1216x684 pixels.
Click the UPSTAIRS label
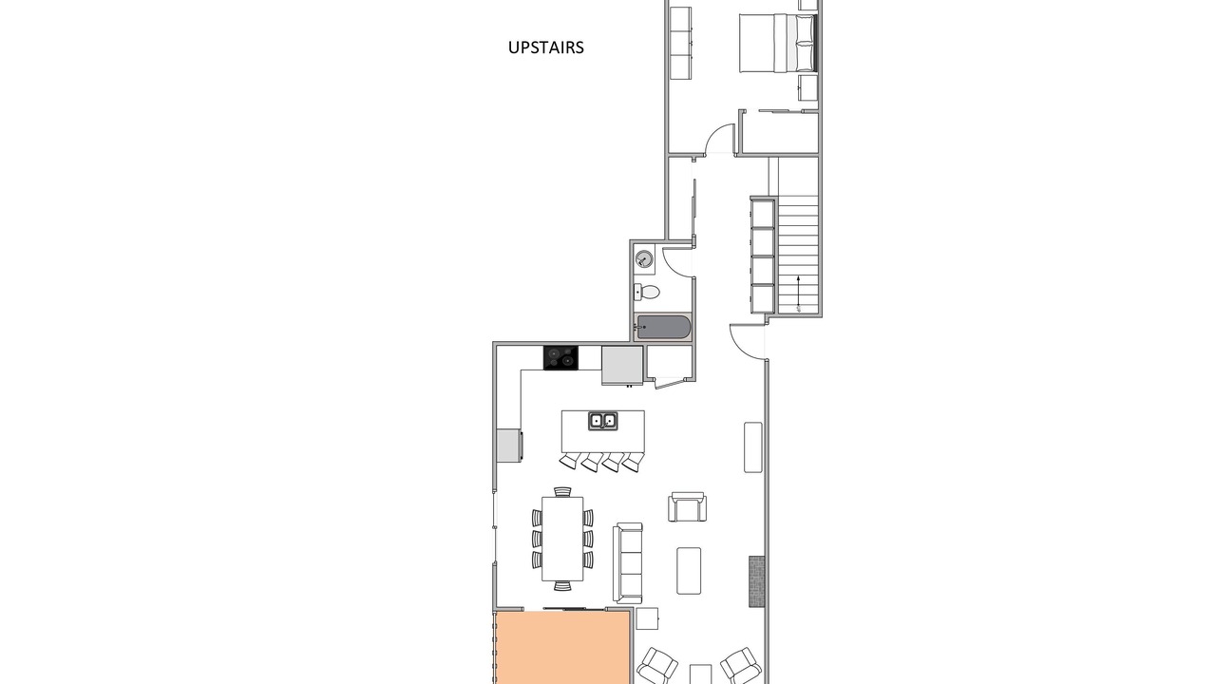[545, 47]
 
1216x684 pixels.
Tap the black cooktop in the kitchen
[560, 358]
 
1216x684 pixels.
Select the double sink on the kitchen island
[603, 421]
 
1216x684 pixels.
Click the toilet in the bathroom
[646, 292]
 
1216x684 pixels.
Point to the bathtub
[663, 328]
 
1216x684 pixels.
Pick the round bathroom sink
[644, 258]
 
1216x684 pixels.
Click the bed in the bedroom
[778, 43]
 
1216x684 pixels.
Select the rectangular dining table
[562, 539]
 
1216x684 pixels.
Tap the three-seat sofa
[628, 563]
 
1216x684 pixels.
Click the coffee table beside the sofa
[689, 571]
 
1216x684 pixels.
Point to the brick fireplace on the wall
[757, 581]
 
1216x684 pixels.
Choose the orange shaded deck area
[561, 648]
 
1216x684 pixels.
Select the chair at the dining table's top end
[562, 492]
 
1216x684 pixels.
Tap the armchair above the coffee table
[687, 507]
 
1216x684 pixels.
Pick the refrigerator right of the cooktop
[622, 366]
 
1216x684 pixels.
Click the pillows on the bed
[806, 43]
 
